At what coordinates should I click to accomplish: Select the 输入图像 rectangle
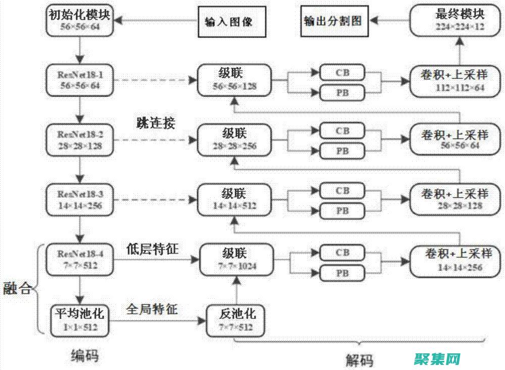pos(228,22)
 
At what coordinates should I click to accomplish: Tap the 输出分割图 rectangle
pos(333,21)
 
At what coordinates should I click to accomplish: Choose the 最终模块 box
pos(460,20)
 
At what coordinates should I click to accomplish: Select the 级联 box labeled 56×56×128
pos(234,80)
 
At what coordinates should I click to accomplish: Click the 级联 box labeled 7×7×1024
pos(236,259)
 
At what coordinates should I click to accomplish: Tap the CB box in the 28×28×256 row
pos(342,131)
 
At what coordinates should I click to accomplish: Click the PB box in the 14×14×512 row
pos(342,211)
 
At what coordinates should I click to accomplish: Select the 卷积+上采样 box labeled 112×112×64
pos(460,81)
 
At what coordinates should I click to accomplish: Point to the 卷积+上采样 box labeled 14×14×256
pos(460,260)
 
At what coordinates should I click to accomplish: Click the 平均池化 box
pos(79,320)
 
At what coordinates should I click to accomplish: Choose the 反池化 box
pos(236,320)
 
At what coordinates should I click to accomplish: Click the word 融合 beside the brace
pos(17,289)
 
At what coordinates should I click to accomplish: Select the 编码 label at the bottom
pos(84,356)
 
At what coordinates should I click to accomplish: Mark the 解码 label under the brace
pos(360,360)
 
